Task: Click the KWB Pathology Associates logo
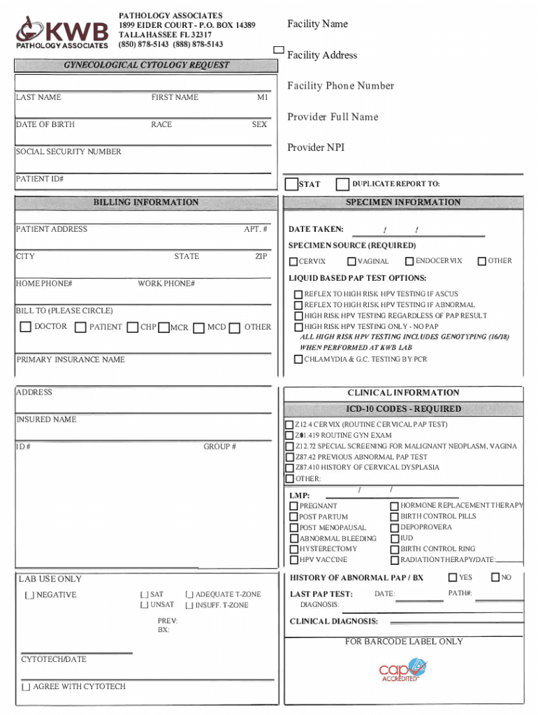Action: point(63,33)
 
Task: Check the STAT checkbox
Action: point(291,184)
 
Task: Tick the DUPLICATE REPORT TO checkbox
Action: point(342,184)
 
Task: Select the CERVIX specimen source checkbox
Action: point(293,262)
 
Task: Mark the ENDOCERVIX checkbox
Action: point(409,261)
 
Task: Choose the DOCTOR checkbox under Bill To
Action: point(26,327)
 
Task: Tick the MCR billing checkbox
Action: point(164,327)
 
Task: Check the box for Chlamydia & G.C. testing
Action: point(298,360)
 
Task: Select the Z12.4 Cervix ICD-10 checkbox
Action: point(289,425)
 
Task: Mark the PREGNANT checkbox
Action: point(294,506)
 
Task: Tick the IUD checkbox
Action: point(395,538)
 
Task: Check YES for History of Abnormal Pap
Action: point(453,577)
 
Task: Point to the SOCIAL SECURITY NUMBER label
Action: point(68,152)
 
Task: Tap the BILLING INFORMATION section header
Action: point(146,202)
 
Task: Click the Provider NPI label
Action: point(316,147)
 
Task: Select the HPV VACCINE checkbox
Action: point(294,560)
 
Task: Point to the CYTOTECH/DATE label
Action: point(54,659)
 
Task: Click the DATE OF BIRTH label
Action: point(45,124)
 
